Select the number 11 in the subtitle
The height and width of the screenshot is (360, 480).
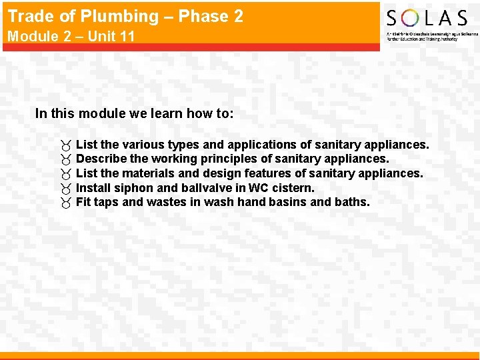click(126, 36)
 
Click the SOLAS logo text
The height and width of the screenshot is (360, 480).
click(427, 18)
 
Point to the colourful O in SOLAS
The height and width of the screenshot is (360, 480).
click(409, 18)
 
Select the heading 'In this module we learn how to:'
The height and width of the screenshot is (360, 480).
click(134, 113)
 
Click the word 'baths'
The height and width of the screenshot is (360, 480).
click(351, 202)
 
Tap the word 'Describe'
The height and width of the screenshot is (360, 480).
click(101, 159)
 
